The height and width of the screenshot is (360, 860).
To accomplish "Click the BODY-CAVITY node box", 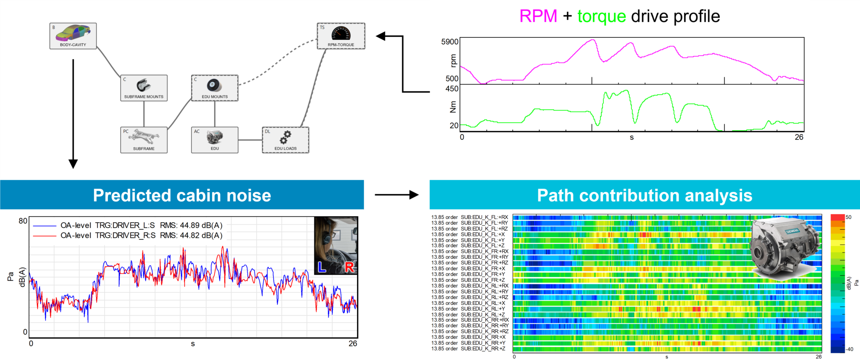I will click(x=73, y=36).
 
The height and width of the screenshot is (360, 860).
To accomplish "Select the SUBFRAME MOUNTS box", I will click(x=144, y=88).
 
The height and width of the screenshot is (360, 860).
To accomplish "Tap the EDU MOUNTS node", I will click(x=215, y=88).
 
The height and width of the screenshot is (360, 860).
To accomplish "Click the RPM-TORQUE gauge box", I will click(x=341, y=36).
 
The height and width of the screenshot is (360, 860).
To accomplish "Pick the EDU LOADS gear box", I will click(x=286, y=140).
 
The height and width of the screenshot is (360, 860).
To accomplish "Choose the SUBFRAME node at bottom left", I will click(x=144, y=140).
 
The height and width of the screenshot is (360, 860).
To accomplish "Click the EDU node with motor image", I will click(x=215, y=140).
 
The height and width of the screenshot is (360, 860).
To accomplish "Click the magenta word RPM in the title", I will click(x=538, y=16).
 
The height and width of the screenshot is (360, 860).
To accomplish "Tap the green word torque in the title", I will click(x=601, y=16).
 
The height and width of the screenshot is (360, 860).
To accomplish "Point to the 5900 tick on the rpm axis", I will click(x=450, y=42).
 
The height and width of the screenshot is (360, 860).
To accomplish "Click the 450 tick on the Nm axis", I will click(x=452, y=89).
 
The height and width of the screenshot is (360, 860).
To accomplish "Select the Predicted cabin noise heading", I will click(x=182, y=195).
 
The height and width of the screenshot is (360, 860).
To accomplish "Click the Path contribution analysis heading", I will click(x=645, y=195).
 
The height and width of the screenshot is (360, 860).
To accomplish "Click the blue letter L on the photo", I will click(x=322, y=267).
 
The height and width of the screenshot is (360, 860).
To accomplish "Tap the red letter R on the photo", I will click(x=349, y=267).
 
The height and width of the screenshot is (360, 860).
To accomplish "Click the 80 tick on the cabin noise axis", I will click(x=23, y=221).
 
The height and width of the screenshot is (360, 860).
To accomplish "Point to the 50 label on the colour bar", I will click(x=848, y=217).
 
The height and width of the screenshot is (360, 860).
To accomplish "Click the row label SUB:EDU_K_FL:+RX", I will click(x=484, y=217).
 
